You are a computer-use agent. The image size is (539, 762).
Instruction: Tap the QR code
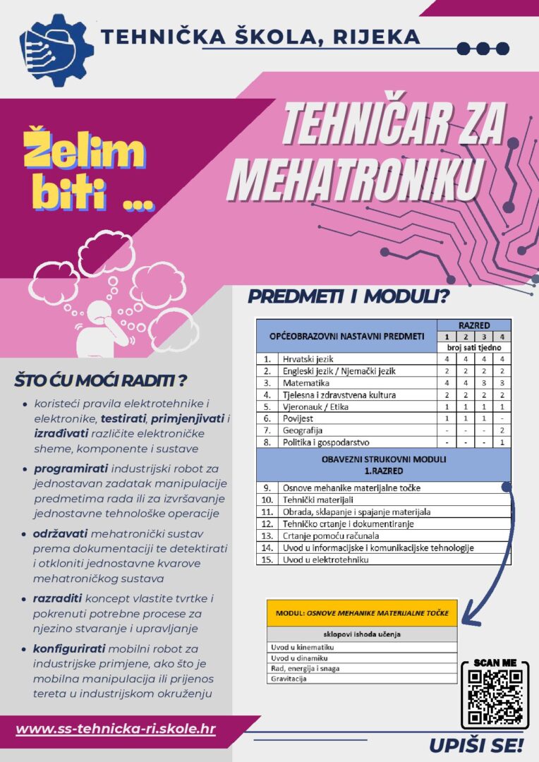495,695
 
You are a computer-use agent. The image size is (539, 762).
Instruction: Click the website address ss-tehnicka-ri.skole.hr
116,727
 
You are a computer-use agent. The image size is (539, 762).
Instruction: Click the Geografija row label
304,430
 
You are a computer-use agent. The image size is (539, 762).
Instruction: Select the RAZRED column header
473,325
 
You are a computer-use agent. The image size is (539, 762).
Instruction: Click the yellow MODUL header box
362,612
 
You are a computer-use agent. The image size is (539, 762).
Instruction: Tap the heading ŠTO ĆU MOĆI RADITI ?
100,382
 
